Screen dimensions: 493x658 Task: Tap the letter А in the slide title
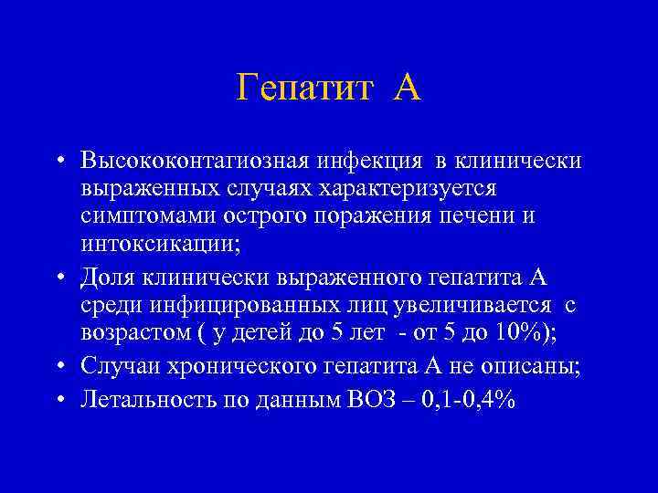coord(408,89)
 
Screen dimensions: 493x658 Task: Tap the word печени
coord(492,215)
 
